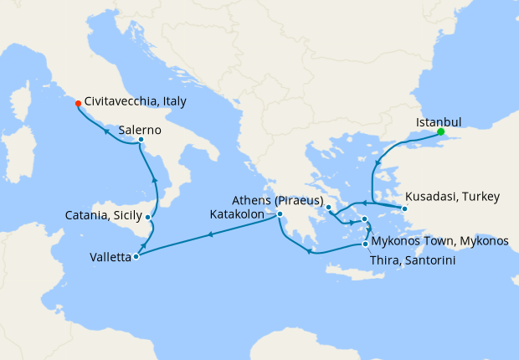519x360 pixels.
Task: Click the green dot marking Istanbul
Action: tap(440, 131)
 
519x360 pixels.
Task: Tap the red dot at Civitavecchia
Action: tap(78, 104)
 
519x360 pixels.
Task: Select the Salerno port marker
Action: tap(141, 140)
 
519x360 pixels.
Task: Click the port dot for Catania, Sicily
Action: tap(148, 218)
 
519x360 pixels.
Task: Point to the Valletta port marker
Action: tap(136, 256)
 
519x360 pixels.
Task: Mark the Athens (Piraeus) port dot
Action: tap(328, 207)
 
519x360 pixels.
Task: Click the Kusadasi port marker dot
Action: tap(403, 208)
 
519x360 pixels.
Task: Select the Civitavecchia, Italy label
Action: tap(135, 100)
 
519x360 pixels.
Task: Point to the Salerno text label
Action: tap(140, 130)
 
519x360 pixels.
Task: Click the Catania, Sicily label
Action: tap(103, 215)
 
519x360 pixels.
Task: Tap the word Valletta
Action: tap(110, 258)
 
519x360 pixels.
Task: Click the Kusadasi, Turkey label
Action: tap(452, 198)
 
